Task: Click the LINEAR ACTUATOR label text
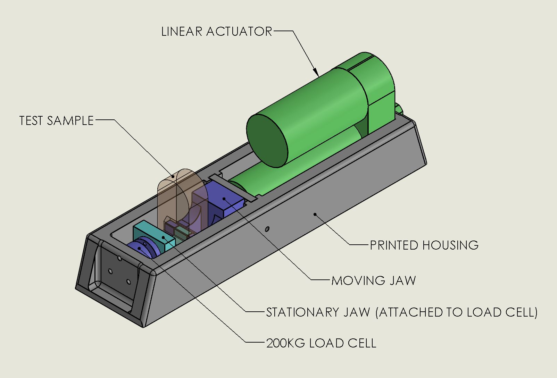(217, 32)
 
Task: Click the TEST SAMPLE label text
(57, 121)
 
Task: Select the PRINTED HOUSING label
(424, 245)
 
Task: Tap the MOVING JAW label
(374, 280)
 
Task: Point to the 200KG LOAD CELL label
(321, 343)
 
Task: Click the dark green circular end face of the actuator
(267, 141)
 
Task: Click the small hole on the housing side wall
(267, 229)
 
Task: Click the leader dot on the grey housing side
(315, 214)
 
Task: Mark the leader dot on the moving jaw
(224, 199)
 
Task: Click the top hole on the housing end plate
(119, 258)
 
